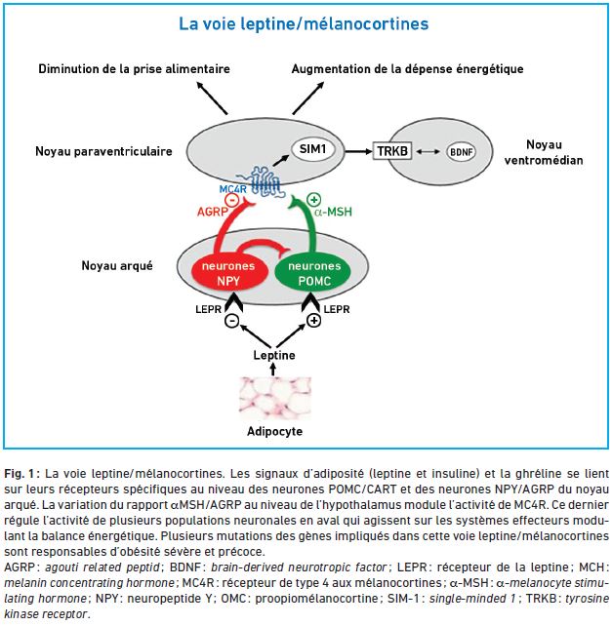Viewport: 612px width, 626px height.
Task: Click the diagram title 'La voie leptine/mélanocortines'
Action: click(x=304, y=24)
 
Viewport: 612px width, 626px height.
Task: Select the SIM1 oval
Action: click(x=312, y=149)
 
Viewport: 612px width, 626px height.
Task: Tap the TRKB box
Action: click(x=392, y=151)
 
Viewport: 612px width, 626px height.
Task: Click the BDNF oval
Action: click(x=461, y=152)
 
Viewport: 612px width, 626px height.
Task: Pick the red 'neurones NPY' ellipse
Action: click(x=228, y=273)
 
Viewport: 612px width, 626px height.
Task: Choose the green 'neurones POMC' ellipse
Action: click(x=314, y=273)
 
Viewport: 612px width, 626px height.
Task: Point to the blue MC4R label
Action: click(x=233, y=189)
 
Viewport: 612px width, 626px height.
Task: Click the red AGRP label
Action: click(x=212, y=212)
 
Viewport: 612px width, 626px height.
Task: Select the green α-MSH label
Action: click(x=334, y=212)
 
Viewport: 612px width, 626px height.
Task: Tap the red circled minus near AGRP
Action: click(x=232, y=200)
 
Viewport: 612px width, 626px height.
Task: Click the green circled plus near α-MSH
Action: click(x=313, y=200)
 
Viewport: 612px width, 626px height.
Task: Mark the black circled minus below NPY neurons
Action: click(x=232, y=320)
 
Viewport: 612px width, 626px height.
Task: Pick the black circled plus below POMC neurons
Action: click(x=313, y=320)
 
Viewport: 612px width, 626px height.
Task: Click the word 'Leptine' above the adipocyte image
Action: click(x=274, y=355)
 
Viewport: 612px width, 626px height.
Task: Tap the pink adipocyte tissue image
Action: click(x=275, y=399)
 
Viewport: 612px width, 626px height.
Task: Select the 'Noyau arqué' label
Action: click(x=117, y=266)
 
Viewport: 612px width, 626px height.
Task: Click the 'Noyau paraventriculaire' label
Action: click(x=103, y=151)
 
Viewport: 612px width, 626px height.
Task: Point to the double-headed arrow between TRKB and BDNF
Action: click(x=428, y=152)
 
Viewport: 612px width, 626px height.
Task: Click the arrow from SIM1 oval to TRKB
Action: click(x=358, y=151)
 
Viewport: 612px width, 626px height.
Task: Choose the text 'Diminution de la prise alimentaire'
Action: click(x=135, y=69)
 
